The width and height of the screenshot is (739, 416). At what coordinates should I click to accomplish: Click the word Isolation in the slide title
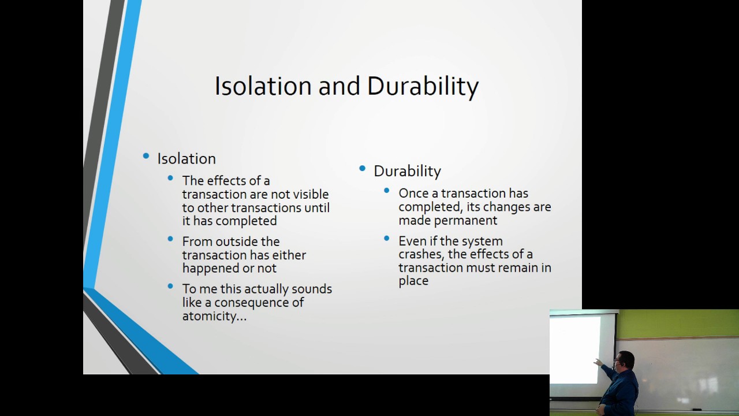[x=263, y=86]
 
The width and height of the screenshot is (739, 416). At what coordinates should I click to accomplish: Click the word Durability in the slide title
[x=423, y=86]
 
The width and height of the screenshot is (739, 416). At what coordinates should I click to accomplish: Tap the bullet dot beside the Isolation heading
[x=146, y=157]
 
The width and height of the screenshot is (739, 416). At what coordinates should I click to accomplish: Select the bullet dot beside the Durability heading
[x=363, y=169]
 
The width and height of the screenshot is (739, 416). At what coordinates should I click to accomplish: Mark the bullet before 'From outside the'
[x=170, y=239]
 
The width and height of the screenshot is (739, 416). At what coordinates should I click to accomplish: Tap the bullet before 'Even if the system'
[x=387, y=238]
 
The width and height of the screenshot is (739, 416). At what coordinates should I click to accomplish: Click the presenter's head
[x=625, y=362]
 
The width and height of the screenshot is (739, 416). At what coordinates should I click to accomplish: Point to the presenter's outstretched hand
[x=597, y=363]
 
